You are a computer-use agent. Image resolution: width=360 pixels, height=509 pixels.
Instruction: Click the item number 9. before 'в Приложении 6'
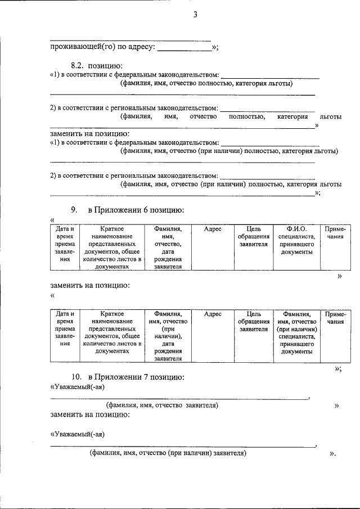74,210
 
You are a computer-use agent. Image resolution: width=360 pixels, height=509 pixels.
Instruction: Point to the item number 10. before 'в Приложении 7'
76,376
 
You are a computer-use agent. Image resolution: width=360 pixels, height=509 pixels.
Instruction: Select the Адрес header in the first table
213,229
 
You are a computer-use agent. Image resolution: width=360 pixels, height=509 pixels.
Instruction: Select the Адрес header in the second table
213,314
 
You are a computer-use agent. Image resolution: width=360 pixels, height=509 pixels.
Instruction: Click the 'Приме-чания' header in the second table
335,318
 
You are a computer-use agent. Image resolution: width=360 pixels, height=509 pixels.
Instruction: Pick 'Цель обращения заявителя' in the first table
254,237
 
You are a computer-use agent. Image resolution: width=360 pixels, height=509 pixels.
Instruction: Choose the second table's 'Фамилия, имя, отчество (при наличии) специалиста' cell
298,332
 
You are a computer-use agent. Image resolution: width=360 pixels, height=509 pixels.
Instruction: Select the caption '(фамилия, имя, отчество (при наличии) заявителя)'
168,453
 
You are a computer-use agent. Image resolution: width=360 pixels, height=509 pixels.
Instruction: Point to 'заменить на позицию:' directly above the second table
90,285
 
